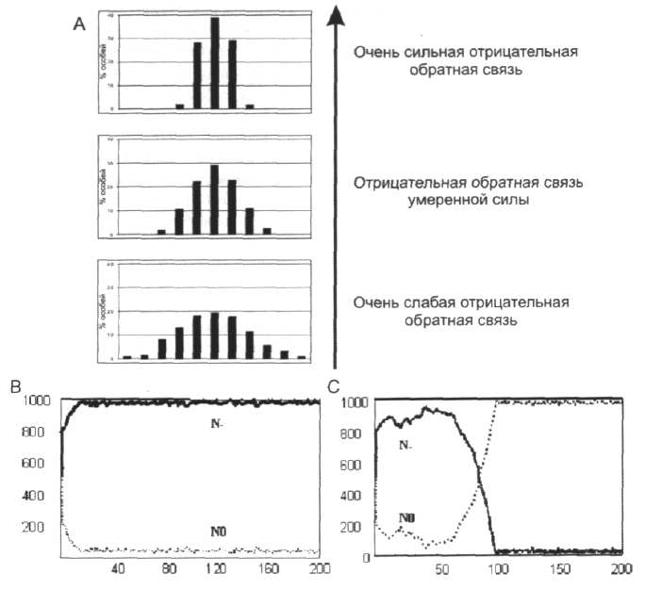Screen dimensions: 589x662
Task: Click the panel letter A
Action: click(x=79, y=25)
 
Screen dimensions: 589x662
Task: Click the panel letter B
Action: click(x=15, y=386)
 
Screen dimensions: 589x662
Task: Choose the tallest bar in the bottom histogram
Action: click(x=215, y=335)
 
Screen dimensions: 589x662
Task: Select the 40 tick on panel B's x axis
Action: click(x=119, y=569)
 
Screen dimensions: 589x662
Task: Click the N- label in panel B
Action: click(x=218, y=424)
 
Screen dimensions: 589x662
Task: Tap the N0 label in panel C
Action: click(x=407, y=517)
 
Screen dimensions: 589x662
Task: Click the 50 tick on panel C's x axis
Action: click(x=435, y=569)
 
